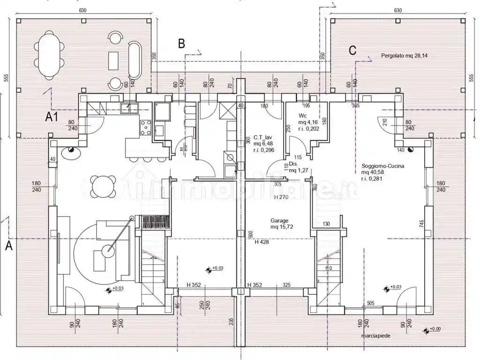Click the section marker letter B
coord(181,44)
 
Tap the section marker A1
coord(51,117)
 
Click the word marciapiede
coord(376,336)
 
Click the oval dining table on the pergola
coord(49,54)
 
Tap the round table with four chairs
coord(104,186)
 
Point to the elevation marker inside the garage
coord(209,270)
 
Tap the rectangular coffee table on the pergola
coord(113,61)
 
